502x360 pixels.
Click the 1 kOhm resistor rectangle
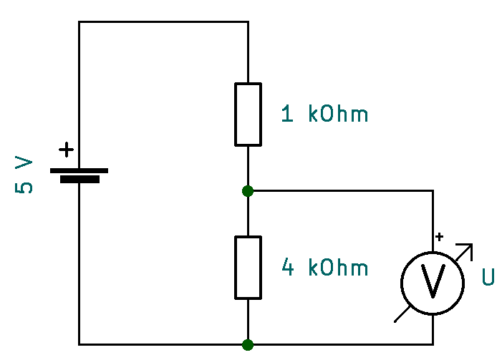coord(248,114)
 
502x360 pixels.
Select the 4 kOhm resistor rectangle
coord(248,268)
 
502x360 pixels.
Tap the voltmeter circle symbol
coord(433,281)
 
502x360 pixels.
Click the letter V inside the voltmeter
coord(433,281)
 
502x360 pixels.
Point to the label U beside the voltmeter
coord(488,277)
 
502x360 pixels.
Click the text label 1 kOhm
coord(324,114)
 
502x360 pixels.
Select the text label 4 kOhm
coord(325,268)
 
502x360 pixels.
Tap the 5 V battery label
coord(24,176)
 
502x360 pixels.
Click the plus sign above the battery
coord(66,150)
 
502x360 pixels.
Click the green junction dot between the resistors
coord(248,191)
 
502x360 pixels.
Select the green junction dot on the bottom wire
coord(248,344)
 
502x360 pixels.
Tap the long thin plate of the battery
coord(79,170)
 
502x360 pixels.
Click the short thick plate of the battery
coord(79,180)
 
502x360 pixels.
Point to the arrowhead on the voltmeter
coord(469,248)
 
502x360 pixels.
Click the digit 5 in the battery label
coord(24,188)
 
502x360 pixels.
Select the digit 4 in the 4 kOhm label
coord(288,268)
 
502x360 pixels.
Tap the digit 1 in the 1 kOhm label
coord(288,114)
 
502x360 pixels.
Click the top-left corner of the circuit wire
coord(79,21)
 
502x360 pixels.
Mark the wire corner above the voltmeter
coord(433,191)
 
